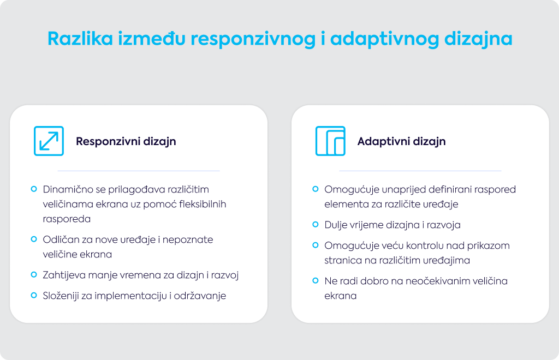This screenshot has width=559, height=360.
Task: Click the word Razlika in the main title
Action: tap(80, 38)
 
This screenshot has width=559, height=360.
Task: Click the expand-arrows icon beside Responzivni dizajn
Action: tap(49, 141)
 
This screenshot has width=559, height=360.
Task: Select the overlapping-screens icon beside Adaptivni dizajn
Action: tap(330, 141)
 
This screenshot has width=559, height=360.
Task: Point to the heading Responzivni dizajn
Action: tap(126, 141)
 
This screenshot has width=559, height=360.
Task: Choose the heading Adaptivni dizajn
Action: tap(401, 141)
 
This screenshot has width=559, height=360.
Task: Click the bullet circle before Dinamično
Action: tap(34, 189)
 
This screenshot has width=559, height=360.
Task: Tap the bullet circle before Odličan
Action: tap(34, 239)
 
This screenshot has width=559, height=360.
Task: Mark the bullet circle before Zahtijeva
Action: tap(34, 274)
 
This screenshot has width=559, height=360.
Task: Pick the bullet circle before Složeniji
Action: tap(34, 295)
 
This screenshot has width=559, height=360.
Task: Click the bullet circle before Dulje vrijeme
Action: tap(316, 224)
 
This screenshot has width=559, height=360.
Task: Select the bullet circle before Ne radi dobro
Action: tap(316, 280)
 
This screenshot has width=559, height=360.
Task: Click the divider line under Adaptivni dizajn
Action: tap(420, 171)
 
